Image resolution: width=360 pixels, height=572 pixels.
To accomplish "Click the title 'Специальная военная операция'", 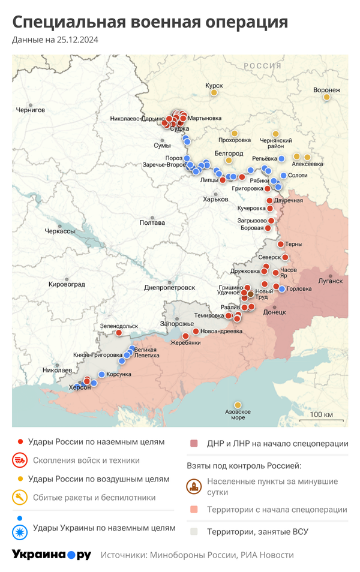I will (150, 22).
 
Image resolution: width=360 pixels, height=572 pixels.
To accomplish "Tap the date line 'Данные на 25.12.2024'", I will (55, 40).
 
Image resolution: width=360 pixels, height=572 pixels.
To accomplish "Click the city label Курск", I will (214, 86).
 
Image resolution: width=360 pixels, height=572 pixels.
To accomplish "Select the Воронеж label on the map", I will (326, 90).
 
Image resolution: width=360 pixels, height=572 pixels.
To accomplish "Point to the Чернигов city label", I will (31, 110).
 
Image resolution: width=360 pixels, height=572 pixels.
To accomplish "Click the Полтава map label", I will (152, 223).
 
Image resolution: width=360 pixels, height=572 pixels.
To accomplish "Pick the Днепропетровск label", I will (169, 288).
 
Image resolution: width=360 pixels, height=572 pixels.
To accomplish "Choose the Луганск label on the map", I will (330, 281).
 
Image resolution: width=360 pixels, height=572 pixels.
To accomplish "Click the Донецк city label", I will (275, 312).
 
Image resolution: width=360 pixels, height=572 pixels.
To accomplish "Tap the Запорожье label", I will (176, 324).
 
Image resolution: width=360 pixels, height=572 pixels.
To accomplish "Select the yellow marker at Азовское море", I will (238, 405).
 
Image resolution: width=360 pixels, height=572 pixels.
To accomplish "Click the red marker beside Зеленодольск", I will (119, 333).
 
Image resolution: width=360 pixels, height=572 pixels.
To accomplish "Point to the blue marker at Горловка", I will (282, 289).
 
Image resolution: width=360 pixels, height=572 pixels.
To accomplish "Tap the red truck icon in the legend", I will (20, 460).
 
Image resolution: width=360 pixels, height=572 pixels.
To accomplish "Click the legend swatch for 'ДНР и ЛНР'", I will (194, 444).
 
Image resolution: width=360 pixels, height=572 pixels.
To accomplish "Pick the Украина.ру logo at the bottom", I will (52, 555).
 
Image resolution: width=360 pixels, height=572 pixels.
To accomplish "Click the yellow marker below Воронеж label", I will (326, 97).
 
